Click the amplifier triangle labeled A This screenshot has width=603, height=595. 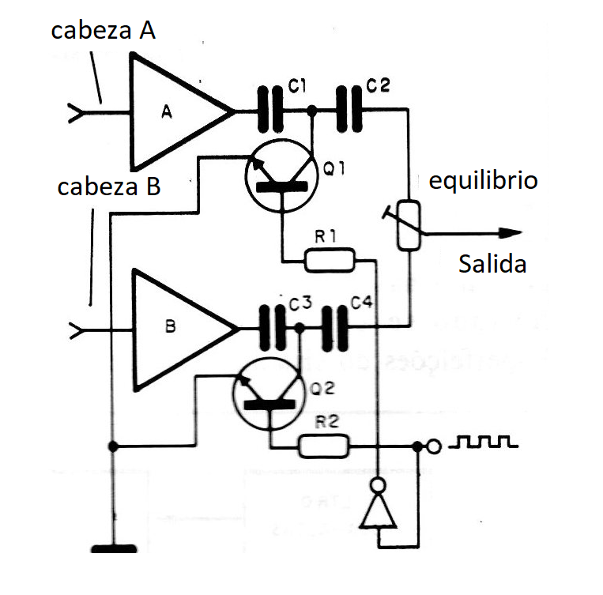(x=174, y=111)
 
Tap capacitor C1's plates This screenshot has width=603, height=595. (x=272, y=111)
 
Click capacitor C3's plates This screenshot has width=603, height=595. (x=273, y=328)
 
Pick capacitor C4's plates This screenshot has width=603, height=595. (x=335, y=328)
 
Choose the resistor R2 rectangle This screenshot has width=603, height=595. (x=323, y=446)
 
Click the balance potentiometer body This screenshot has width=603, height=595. (x=409, y=226)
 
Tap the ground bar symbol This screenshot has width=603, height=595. (x=115, y=548)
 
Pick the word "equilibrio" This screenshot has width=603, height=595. (x=483, y=180)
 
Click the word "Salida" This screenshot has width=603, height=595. (x=492, y=263)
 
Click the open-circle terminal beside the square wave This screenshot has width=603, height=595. (x=433, y=446)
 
